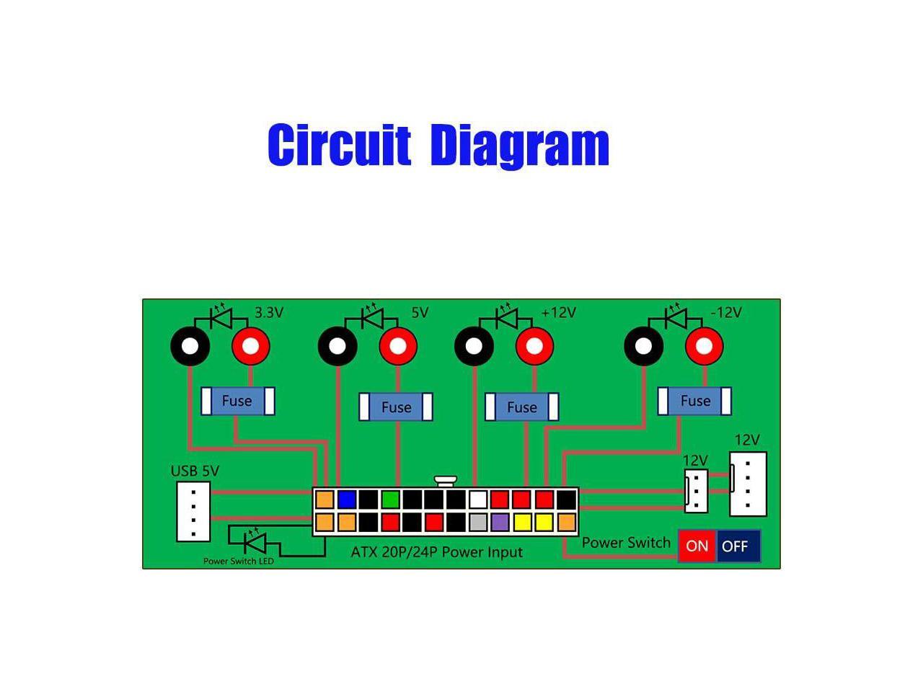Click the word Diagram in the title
tap(519, 146)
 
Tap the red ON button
tap(697, 546)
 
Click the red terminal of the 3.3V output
tap(250, 347)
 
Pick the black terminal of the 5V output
tap(337, 347)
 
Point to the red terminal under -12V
tap(704, 347)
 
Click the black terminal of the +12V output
tap(474, 347)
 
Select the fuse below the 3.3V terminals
tap(237, 401)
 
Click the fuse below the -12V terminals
tap(694, 401)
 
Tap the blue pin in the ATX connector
tap(347, 499)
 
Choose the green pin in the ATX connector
tap(390, 499)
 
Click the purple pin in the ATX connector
tap(500, 522)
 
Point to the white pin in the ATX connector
tap(478, 499)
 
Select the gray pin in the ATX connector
tap(478, 522)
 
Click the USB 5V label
tap(195, 471)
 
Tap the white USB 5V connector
tap(193, 511)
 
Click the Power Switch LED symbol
tap(254, 540)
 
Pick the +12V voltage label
tap(559, 312)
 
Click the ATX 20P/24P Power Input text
tap(436, 552)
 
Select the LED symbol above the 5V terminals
tap(373, 316)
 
